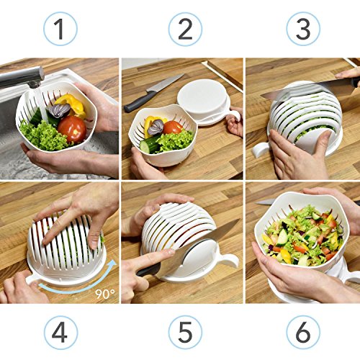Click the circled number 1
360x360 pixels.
tap(60, 29)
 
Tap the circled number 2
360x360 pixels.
tap(185, 29)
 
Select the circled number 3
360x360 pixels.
tap(303, 29)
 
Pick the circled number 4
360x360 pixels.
tap(60, 333)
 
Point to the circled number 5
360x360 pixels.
tap(185, 333)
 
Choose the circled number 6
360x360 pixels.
tap(303, 333)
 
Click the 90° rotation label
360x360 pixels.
tap(105, 293)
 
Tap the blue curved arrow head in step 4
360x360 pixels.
tap(111, 264)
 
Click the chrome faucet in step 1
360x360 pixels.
tap(21, 77)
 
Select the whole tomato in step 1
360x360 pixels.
tap(72, 129)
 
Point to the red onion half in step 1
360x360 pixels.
tap(59, 110)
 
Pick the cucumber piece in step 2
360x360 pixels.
tap(148, 145)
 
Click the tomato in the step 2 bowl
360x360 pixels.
tap(173, 127)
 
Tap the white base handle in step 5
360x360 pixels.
tap(228, 259)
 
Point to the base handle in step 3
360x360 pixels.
tap(261, 150)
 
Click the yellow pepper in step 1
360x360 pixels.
tap(72, 106)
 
